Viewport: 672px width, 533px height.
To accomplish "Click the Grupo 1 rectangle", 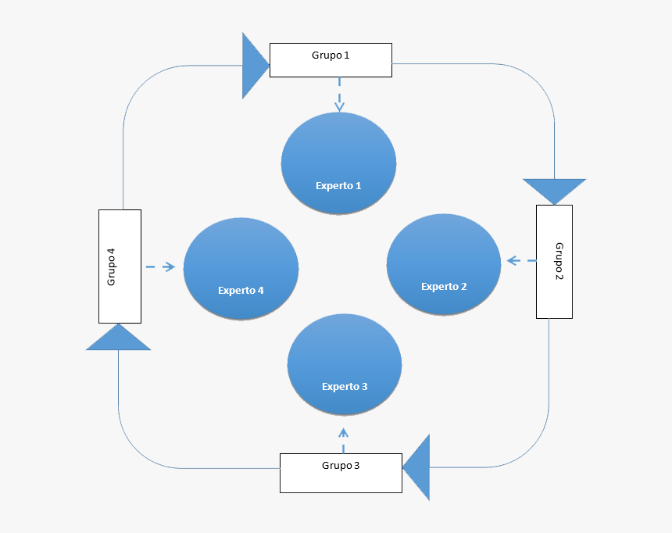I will click(x=331, y=60).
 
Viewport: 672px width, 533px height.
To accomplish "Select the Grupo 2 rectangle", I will click(x=554, y=261).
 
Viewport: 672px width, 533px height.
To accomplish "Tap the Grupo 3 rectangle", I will click(x=341, y=473).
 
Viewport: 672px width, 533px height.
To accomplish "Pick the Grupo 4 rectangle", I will click(x=120, y=266).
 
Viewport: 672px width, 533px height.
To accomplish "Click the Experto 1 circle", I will click(x=338, y=163).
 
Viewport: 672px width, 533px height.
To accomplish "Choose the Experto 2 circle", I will click(x=444, y=263).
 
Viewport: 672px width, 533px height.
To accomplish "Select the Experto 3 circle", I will click(x=345, y=364).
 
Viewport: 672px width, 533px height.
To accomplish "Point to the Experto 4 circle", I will click(x=241, y=268).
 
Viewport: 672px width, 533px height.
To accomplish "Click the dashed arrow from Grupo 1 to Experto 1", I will click(x=339, y=94).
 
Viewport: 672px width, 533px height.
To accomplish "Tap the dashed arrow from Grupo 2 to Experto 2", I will click(x=520, y=260).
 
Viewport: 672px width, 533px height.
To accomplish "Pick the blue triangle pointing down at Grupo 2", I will click(x=554, y=189).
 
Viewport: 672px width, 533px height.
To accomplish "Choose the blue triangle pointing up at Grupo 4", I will click(x=118, y=339).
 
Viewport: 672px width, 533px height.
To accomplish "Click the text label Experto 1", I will click(x=338, y=186).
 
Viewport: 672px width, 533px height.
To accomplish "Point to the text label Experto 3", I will click(x=345, y=386).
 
